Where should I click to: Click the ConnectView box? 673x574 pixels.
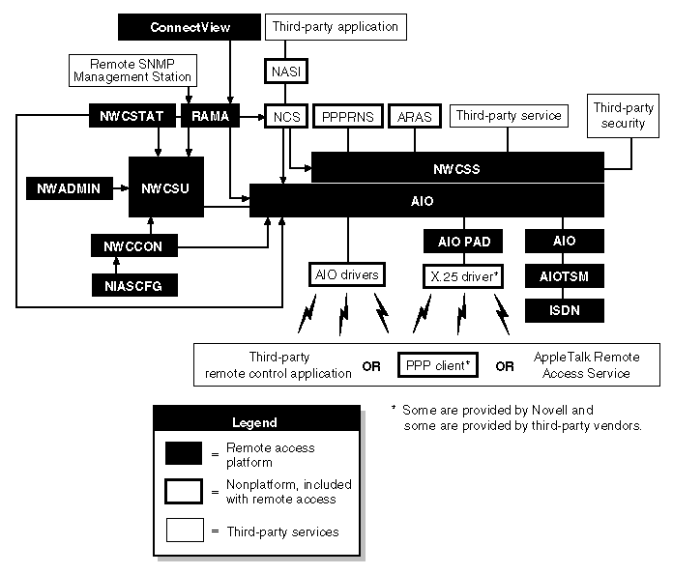pos(190,27)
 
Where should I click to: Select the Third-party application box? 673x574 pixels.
pos(335,27)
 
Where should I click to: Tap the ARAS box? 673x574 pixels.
pos(415,117)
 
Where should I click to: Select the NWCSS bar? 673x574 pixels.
pos(456,167)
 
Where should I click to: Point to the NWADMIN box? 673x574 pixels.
pos(63,188)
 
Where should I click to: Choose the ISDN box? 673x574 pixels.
pos(565,310)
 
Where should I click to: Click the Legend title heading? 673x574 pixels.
pos(254,422)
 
